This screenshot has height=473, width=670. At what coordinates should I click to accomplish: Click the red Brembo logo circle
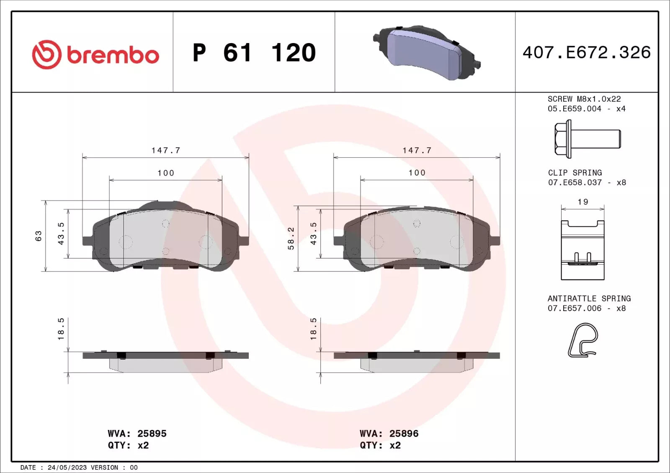(x=46, y=55)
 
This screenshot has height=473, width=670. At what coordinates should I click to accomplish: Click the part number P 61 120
(x=254, y=53)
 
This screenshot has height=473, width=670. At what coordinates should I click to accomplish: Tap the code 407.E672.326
(x=586, y=53)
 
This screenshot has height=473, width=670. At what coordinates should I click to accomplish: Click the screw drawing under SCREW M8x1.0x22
(x=588, y=139)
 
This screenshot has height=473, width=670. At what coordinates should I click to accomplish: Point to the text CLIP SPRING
(x=575, y=173)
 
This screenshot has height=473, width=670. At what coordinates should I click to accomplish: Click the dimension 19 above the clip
(x=582, y=202)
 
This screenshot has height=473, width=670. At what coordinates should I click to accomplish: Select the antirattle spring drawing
(x=582, y=340)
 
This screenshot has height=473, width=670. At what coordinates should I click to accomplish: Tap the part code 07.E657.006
(x=575, y=308)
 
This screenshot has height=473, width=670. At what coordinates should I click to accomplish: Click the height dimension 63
(x=39, y=236)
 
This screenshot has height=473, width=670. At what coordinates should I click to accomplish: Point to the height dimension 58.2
(x=291, y=238)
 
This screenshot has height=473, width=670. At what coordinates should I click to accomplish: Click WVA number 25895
(x=152, y=434)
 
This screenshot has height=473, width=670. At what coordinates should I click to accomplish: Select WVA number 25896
(x=404, y=434)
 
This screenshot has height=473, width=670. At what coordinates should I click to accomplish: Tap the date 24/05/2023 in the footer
(x=67, y=468)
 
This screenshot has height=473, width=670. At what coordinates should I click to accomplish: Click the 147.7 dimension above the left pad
(x=166, y=150)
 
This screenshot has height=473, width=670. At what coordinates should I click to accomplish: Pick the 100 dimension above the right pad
(x=417, y=173)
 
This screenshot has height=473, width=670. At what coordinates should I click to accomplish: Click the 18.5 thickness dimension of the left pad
(x=61, y=329)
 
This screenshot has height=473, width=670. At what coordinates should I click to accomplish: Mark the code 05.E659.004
(x=574, y=109)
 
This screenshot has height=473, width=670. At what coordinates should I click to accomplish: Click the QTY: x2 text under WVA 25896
(x=380, y=445)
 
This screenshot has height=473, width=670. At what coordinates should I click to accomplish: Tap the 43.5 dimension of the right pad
(x=313, y=233)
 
